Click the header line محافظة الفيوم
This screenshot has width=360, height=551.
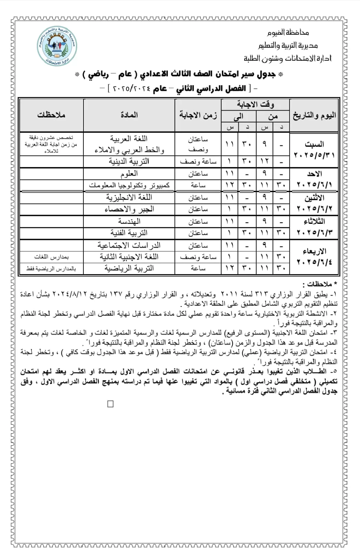(288, 33)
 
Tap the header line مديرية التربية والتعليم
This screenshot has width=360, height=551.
(288, 45)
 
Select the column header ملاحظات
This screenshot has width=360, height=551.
(51, 115)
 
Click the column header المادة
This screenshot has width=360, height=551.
(129, 115)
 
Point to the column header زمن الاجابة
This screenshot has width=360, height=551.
(198, 115)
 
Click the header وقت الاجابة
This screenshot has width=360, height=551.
(255, 104)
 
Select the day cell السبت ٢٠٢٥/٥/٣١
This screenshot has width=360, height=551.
(314, 149)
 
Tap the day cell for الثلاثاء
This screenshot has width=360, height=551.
(314, 227)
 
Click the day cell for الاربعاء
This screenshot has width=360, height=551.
(314, 257)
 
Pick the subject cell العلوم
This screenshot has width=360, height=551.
(129, 174)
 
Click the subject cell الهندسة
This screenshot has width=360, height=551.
(129, 221)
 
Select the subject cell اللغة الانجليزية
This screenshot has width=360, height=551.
(129, 197)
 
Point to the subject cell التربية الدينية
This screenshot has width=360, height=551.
(129, 161)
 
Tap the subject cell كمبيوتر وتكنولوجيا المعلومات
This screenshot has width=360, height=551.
(129, 185)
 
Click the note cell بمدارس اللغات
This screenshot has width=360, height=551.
(51, 257)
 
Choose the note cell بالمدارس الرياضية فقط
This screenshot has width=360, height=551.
(51, 269)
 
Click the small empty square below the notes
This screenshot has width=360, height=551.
(111, 404)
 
